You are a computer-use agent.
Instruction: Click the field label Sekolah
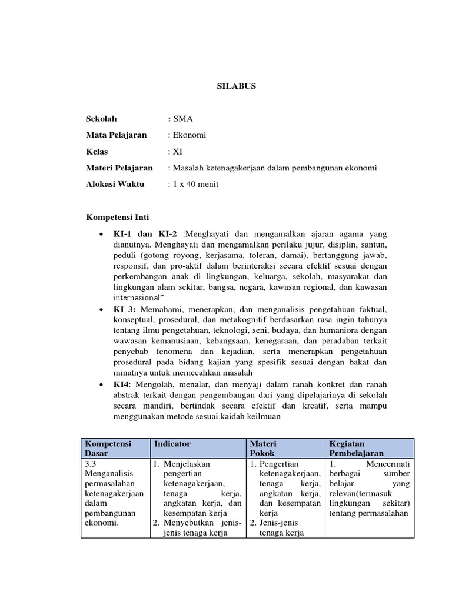pos(102,119)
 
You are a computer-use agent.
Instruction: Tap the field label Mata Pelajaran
pos(117,135)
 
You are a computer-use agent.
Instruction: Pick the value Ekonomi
pos(189,135)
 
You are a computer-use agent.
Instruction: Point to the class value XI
pos(177,152)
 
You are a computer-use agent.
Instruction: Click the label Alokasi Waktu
pos(115,185)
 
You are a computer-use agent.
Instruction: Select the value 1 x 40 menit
pos(195,185)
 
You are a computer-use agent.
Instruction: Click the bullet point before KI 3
pos(102,309)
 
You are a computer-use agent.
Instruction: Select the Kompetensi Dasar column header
pos(108,449)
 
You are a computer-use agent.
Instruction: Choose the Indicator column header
pos(172,444)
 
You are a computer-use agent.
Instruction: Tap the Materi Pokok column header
pos(263,449)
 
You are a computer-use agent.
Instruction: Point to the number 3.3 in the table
pos(92,464)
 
